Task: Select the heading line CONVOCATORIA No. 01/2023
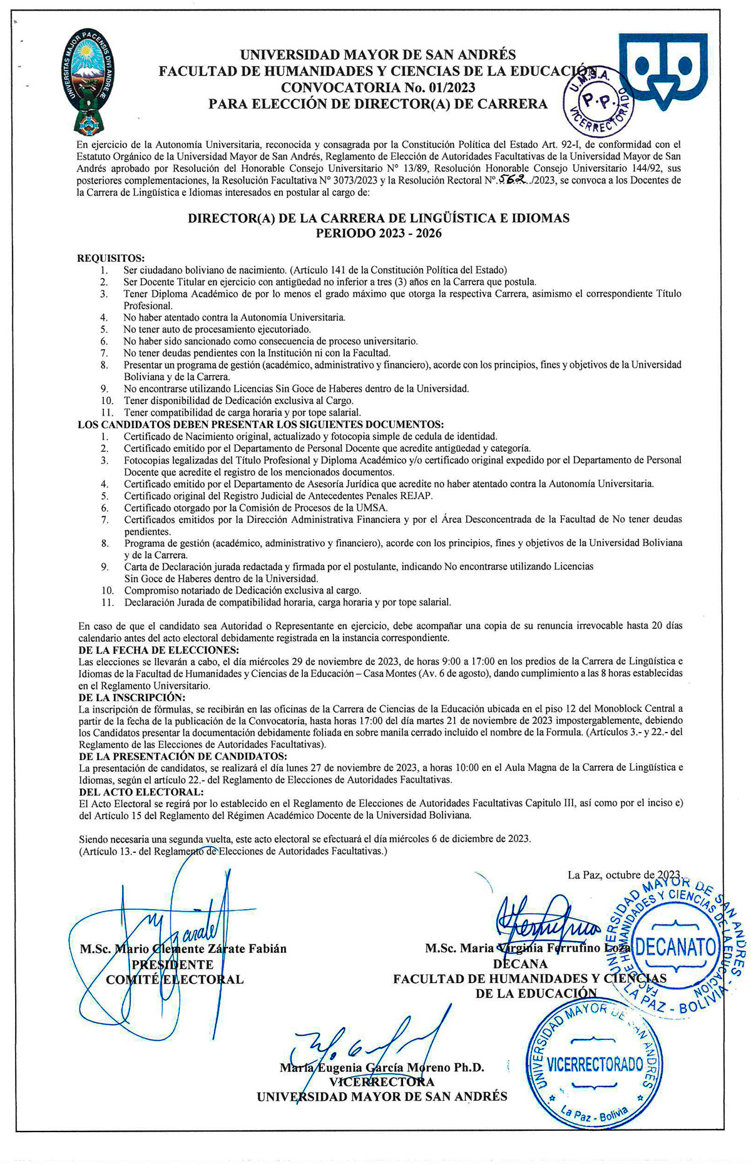(378, 88)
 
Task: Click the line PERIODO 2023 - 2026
(379, 234)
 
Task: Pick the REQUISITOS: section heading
(111, 258)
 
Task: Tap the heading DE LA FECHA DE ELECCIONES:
(158, 650)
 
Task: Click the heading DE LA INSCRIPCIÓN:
(132, 697)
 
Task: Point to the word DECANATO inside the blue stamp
(676, 946)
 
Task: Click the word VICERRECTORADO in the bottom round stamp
(595, 1064)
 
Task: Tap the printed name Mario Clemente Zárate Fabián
(183, 949)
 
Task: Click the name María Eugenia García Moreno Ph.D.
(382, 1067)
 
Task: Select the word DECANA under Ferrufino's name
(520, 964)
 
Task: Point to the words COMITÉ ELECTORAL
(175, 979)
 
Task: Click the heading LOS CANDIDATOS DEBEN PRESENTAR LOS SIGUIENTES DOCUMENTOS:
(260, 425)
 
